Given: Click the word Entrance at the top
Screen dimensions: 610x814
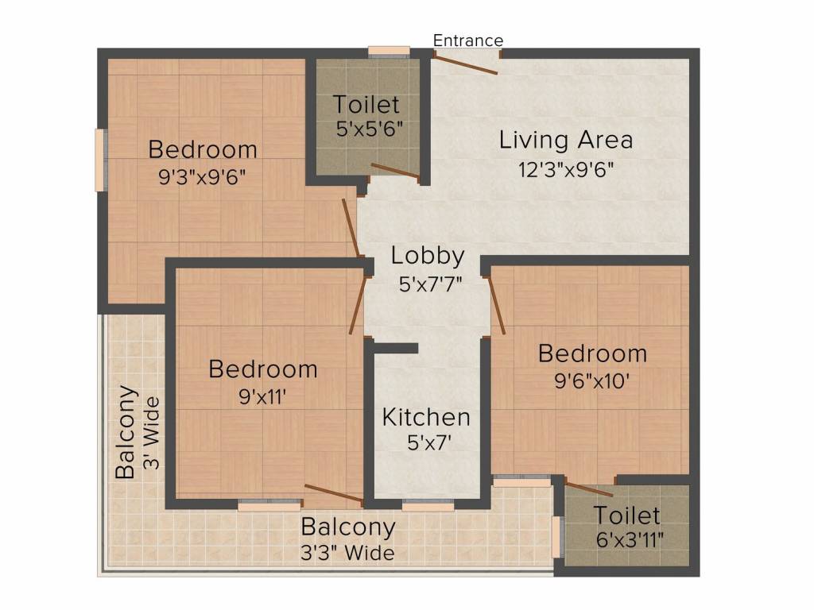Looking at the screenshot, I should pos(468,41).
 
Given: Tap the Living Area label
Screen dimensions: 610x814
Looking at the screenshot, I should pos(566,141).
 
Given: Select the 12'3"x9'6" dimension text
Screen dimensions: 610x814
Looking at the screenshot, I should pos(566,168).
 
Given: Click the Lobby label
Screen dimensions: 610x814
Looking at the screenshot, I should pos(428,256).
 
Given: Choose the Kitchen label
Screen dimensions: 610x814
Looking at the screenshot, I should pos(426,417).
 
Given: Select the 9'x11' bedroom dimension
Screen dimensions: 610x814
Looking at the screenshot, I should pos(263,396).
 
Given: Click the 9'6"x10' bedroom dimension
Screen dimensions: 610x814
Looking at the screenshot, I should pos(592,380).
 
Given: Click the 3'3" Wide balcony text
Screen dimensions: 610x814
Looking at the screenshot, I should pos(347,552).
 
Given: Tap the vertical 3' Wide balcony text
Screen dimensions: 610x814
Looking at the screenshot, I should pos(152,433).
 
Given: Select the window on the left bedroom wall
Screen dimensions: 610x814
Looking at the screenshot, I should pos(100,160).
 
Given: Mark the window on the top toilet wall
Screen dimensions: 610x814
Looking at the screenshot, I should pos(389,53).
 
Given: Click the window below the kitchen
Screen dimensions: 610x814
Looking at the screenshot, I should pos(427,504).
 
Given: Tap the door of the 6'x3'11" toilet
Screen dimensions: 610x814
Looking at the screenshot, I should pos(588,489).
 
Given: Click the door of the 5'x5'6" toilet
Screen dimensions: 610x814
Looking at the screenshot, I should pos(394,171).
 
